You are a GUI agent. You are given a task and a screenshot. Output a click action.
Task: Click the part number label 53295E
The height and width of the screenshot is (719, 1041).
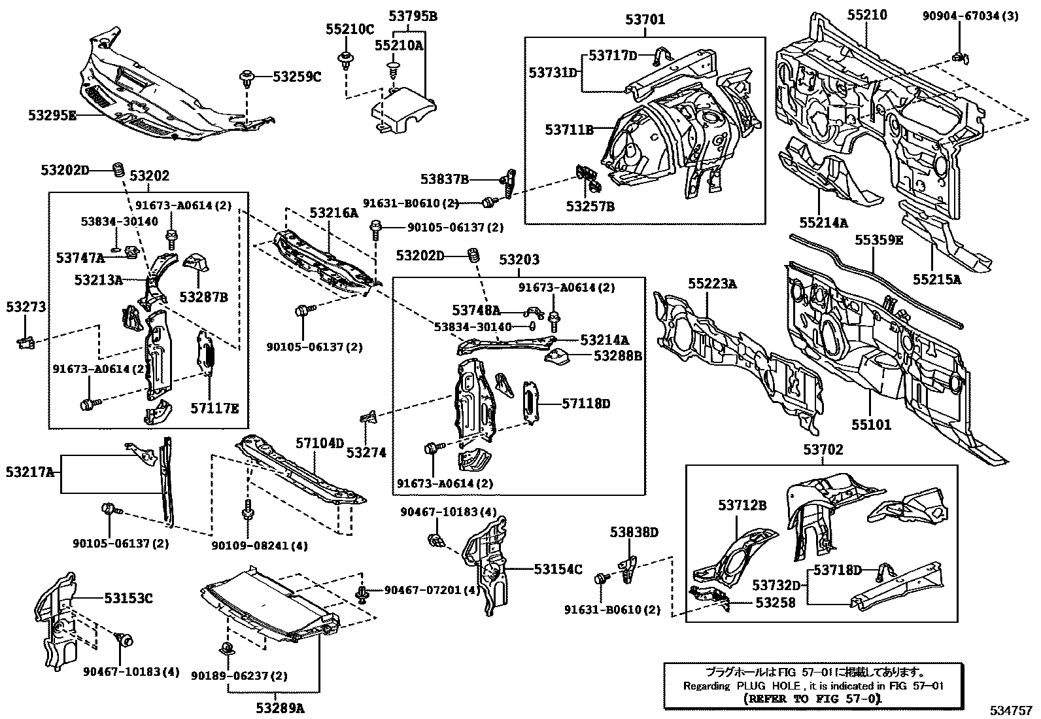(52, 115)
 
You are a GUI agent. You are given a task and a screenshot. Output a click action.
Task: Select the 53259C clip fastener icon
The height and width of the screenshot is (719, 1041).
(247, 78)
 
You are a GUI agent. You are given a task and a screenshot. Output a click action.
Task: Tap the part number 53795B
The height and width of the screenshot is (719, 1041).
(413, 16)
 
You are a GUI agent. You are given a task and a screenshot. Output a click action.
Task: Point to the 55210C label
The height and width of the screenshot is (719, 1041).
(350, 29)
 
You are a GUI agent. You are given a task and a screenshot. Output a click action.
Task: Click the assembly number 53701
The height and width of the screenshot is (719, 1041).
(645, 20)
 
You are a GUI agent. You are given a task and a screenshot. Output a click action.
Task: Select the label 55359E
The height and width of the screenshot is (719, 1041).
(879, 240)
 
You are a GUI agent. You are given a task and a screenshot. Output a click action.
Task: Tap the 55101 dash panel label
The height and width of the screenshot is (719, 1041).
(871, 425)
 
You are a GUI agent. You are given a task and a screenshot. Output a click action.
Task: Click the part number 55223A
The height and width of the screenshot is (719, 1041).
(712, 283)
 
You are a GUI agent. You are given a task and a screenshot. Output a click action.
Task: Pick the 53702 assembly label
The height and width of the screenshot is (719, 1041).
(823, 449)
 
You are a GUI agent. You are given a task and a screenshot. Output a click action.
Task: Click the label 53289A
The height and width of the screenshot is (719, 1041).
(280, 707)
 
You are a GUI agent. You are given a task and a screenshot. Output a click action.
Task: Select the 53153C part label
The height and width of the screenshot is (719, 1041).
(128, 597)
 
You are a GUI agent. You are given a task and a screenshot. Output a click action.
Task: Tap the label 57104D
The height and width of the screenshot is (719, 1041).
(319, 444)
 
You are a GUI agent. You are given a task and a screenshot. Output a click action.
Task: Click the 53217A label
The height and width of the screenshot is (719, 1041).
(30, 472)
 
